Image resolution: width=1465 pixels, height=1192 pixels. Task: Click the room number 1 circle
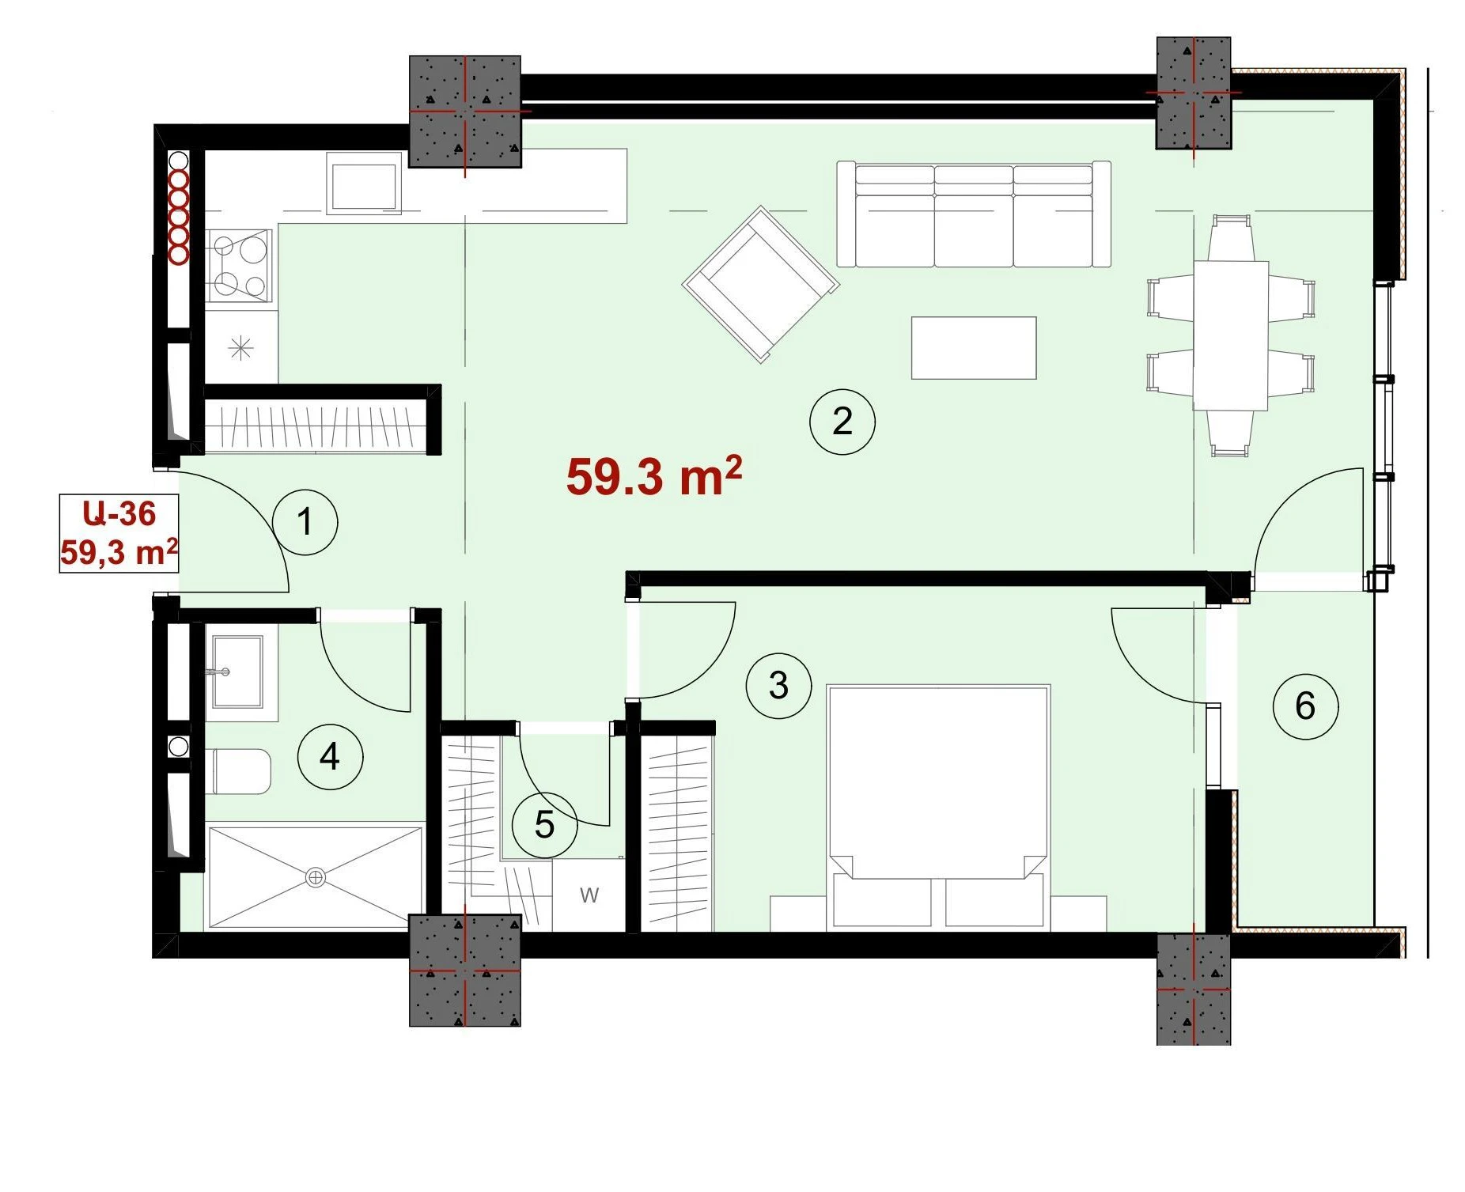pos(305,522)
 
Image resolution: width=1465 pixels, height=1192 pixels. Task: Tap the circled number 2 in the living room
pos(842,422)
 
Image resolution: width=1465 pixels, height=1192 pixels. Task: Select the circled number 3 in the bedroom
pos(779,686)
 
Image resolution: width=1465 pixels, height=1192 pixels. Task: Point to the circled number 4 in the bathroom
pos(330,757)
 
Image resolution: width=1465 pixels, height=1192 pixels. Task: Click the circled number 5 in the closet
pos(544,825)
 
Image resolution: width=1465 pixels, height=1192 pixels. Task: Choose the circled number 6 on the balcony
pos(1305,706)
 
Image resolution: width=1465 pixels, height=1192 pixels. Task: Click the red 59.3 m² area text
pos(654,476)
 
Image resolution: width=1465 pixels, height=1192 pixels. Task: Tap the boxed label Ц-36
pos(119,514)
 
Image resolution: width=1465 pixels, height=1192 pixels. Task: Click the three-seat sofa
pos(974,214)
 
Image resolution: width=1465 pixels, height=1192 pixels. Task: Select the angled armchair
pos(761,285)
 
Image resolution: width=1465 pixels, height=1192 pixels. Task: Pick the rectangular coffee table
pos(974,348)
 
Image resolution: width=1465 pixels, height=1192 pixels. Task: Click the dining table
pos(1231,335)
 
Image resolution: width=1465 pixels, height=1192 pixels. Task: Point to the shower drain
pos(316,877)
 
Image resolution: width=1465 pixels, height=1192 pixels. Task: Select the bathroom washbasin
pos(237,672)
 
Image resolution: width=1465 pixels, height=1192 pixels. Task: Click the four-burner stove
pos(240,266)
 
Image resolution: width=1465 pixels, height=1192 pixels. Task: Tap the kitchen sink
pos(363,186)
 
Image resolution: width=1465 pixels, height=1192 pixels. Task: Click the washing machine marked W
pos(589,895)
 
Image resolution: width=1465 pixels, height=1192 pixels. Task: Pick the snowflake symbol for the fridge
pos(240,348)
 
